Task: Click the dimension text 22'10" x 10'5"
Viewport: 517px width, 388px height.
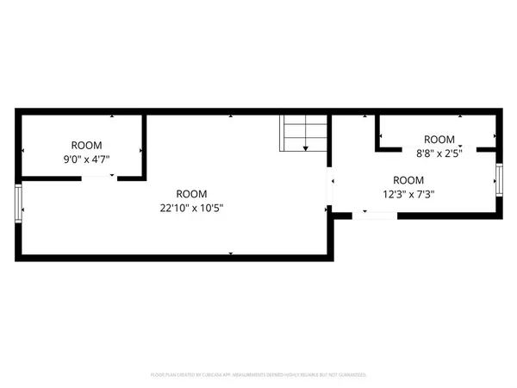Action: (x=191, y=208)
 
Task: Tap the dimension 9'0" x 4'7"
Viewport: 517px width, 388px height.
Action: (x=85, y=160)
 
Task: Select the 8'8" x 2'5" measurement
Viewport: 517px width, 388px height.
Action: (x=439, y=153)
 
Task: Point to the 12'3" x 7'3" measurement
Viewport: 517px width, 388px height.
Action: (x=408, y=194)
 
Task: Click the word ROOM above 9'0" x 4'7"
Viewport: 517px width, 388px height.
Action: (x=86, y=145)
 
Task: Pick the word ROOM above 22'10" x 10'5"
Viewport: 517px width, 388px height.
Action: (x=191, y=194)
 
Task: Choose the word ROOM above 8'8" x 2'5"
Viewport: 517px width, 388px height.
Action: (x=439, y=139)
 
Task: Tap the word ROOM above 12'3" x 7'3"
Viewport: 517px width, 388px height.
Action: (x=408, y=180)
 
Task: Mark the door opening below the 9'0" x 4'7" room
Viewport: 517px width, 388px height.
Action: (x=98, y=178)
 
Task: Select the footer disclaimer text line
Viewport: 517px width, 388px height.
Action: (x=258, y=375)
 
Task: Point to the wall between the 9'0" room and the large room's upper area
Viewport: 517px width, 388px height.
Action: (x=144, y=145)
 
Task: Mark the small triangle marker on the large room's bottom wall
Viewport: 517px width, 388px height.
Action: (x=230, y=252)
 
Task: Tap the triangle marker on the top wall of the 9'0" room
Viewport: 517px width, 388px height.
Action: (x=112, y=116)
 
